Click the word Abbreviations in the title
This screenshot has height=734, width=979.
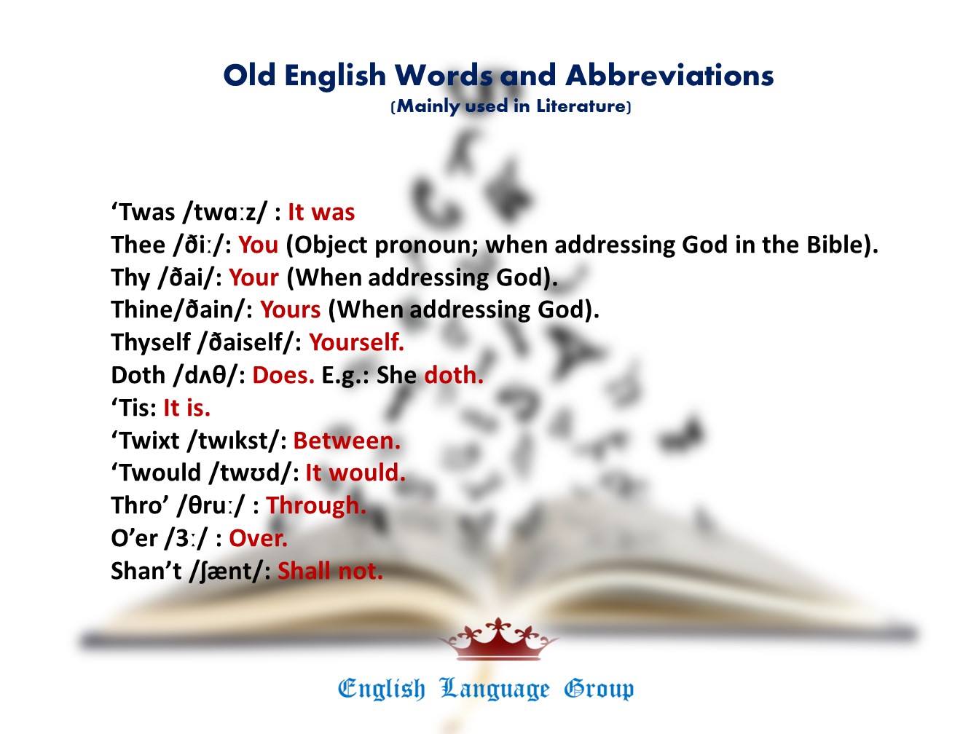pos(669,75)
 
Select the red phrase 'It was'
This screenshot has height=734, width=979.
pos(321,212)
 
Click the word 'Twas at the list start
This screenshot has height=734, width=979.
pos(143,212)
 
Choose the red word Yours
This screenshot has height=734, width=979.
pos(290,310)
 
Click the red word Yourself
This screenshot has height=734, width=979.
pos(356,342)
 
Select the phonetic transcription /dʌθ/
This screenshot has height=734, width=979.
pos(208,376)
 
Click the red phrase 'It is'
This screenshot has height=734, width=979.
pos(186,408)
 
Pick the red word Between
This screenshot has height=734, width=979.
pos(347,441)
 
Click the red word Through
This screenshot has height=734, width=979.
pos(316,505)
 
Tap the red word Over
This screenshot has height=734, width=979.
pos(258,538)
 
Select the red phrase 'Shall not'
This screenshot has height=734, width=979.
pos(330,571)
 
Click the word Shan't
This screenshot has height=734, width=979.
pos(146,571)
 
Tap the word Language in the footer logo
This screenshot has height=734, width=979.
pos(495,689)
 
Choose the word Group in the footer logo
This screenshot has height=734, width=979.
pos(598,689)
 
